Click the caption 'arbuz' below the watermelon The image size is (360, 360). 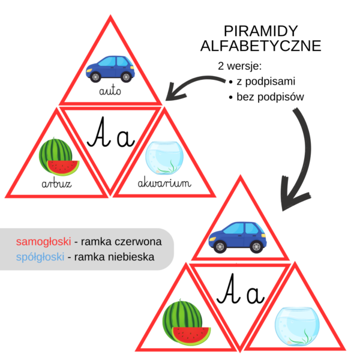click(x=57, y=183)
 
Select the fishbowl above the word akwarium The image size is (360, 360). click(x=163, y=155)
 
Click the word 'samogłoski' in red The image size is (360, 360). click(x=41, y=242)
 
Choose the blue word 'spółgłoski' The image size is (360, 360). click(x=40, y=257)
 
